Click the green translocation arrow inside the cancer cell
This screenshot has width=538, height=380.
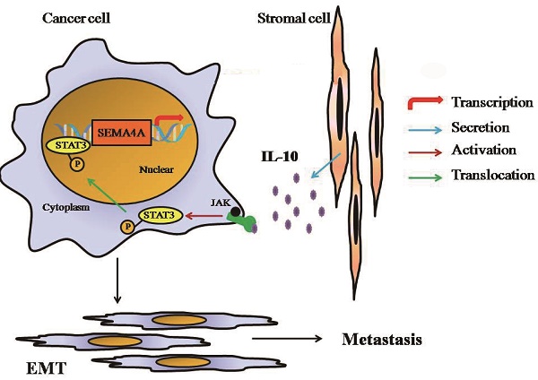(x=108, y=189)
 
